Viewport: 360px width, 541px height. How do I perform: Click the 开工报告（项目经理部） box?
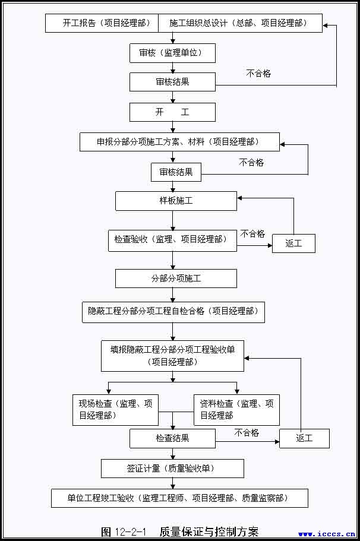point(102,24)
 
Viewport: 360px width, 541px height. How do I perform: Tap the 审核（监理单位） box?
point(172,53)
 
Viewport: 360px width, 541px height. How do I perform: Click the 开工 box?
point(172,112)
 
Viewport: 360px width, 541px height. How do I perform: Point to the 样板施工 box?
point(176,201)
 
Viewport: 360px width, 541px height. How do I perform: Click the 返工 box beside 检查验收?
point(293,243)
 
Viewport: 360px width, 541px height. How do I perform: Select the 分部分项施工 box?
point(176,279)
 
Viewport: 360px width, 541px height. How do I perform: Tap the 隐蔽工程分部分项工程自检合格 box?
point(173,311)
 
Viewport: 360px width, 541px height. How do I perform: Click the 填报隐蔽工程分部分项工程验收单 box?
point(173,355)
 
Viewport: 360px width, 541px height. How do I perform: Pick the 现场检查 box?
point(115,409)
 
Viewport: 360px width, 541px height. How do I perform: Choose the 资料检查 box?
point(236,409)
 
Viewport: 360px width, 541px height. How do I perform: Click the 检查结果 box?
point(172,439)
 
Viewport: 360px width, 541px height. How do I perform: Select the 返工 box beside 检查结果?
point(304,439)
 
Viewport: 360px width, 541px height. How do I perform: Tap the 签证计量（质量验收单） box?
point(172,469)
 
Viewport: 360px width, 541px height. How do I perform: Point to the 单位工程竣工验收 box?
point(180,498)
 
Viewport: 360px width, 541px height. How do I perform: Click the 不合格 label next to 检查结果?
point(247,433)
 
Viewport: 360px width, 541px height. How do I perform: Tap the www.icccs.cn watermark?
point(327,534)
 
